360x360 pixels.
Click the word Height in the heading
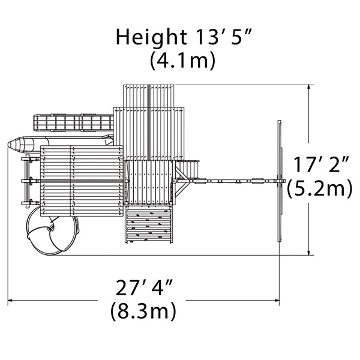[x=151, y=38]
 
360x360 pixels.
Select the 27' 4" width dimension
[x=144, y=287]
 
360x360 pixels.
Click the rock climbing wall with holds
[x=149, y=224]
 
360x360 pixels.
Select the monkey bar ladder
[x=73, y=123]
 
